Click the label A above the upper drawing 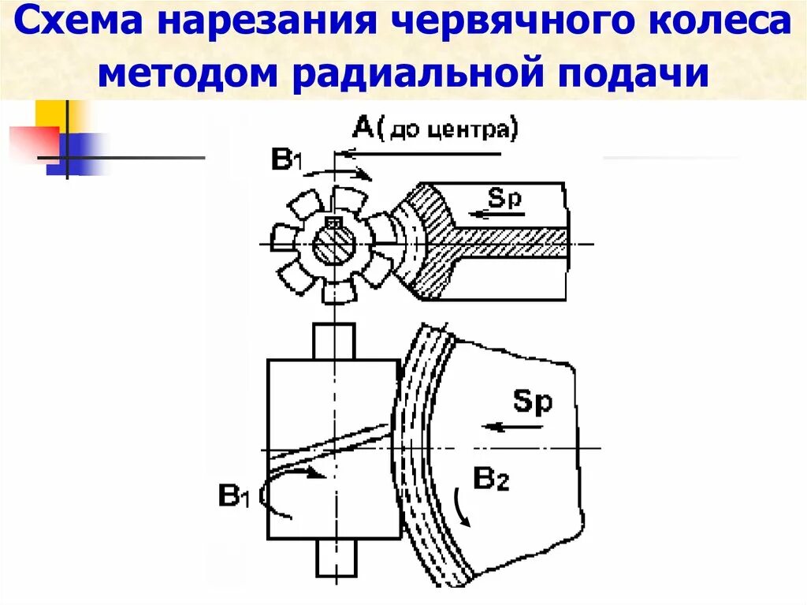pos(363,128)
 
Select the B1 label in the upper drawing pos(285,161)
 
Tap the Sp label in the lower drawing pos(533,402)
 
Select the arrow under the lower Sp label pos(514,427)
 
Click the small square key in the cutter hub pos(333,224)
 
